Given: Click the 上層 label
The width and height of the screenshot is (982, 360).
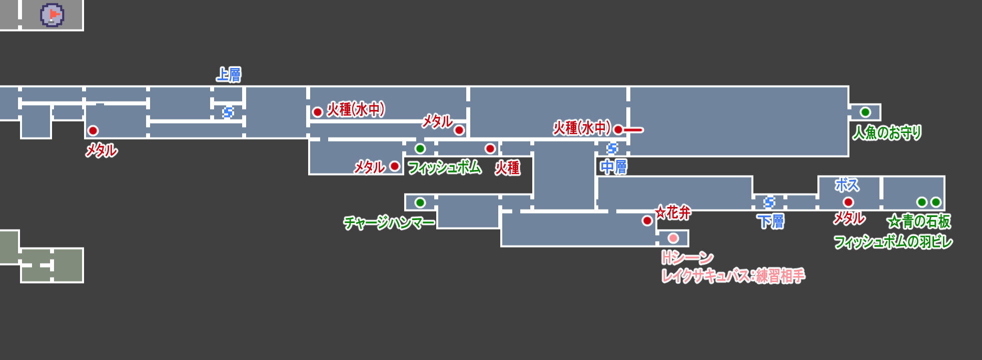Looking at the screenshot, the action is pyautogui.click(x=229, y=75).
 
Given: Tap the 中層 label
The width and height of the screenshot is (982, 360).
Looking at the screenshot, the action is pyautogui.click(x=613, y=167).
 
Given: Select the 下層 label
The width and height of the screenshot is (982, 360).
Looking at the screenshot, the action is pyautogui.click(x=770, y=221).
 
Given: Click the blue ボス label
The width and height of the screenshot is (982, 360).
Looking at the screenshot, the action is pyautogui.click(x=846, y=185).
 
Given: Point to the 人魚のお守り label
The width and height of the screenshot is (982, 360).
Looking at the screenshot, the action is pyautogui.click(x=886, y=132).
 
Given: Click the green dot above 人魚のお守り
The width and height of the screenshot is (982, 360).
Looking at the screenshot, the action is pyautogui.click(x=865, y=112).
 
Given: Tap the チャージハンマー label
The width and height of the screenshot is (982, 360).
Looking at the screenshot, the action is pyautogui.click(x=389, y=222).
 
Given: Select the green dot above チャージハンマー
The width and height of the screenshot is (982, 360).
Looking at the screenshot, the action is pyautogui.click(x=420, y=202).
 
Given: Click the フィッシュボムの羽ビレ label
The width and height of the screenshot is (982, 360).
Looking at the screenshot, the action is pyautogui.click(x=892, y=242).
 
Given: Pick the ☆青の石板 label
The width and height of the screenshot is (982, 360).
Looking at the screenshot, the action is pyautogui.click(x=918, y=221).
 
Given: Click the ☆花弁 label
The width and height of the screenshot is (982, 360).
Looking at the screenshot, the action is pyautogui.click(x=673, y=213).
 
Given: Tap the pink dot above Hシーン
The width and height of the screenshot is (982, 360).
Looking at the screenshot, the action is pyautogui.click(x=673, y=238).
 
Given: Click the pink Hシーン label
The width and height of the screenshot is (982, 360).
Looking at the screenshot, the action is pyautogui.click(x=687, y=258).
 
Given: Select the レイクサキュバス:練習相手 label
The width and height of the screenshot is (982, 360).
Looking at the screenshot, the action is pyautogui.click(x=733, y=276).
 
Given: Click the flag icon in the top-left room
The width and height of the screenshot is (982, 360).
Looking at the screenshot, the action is pyautogui.click(x=52, y=15).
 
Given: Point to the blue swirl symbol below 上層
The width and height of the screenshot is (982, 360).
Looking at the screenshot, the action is pyautogui.click(x=228, y=112).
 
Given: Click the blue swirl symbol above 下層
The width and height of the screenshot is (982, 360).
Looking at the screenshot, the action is pyautogui.click(x=769, y=202).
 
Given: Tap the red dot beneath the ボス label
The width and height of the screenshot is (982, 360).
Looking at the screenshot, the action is pyautogui.click(x=848, y=202).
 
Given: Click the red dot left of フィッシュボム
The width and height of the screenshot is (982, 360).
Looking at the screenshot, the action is pyautogui.click(x=395, y=166).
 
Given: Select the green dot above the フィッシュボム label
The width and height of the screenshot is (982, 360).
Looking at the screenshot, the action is pyautogui.click(x=420, y=148).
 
